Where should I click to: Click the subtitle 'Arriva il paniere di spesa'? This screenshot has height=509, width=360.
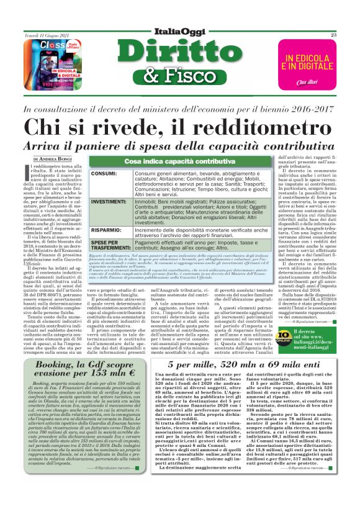180,146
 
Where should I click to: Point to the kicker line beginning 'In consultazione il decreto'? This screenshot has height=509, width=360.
180,109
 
